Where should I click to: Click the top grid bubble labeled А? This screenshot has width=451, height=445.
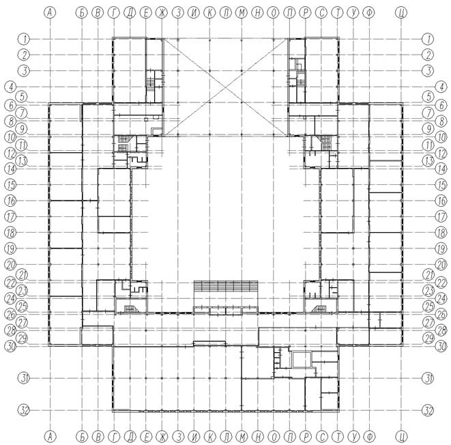[50, 13]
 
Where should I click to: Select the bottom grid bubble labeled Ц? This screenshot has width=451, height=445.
[401, 437]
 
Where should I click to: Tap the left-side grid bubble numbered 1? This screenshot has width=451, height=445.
[24, 39]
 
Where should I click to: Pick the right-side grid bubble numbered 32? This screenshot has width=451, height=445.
[428, 410]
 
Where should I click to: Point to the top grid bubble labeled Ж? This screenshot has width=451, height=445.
[162, 13]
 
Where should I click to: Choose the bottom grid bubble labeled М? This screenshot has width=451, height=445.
[242, 437]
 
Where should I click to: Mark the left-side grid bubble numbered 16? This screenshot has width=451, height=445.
[11, 201]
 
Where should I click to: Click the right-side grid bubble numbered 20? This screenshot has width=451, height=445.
[441, 265]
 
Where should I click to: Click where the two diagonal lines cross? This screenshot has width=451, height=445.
[226, 87]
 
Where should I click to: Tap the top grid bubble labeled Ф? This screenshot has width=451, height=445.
[369, 13]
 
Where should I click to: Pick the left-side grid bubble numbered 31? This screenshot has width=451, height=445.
[24, 378]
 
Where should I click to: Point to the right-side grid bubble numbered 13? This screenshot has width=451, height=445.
[428, 161]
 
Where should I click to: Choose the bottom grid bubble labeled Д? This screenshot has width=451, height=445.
[130, 437]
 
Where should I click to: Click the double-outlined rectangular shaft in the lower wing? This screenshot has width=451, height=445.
[302, 360]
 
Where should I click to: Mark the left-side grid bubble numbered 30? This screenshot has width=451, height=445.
[11, 346]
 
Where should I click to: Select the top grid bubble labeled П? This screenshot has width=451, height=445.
[289, 13]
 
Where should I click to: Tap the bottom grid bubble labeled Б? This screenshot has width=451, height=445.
[83, 437]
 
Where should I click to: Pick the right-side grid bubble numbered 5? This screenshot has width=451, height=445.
[428, 97]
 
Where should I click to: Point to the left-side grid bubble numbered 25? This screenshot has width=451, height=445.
[23, 306]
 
